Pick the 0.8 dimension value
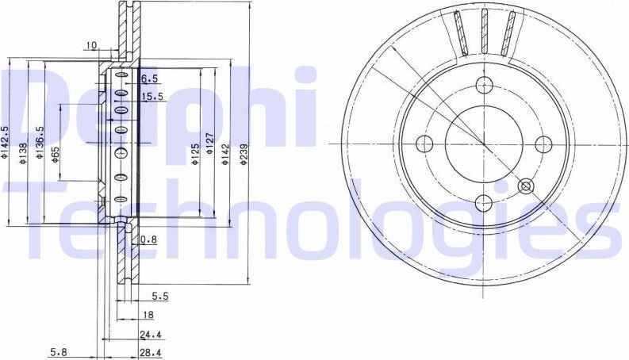pos(148,239)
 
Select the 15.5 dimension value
pos(151,97)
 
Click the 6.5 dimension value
pos(149,79)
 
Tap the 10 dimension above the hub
pos(92,46)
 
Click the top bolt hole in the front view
pos(484,87)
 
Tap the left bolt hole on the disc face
pos(424,144)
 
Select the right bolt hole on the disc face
pos(543,144)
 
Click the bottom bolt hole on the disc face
pos(484,204)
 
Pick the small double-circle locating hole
pos(525,187)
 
